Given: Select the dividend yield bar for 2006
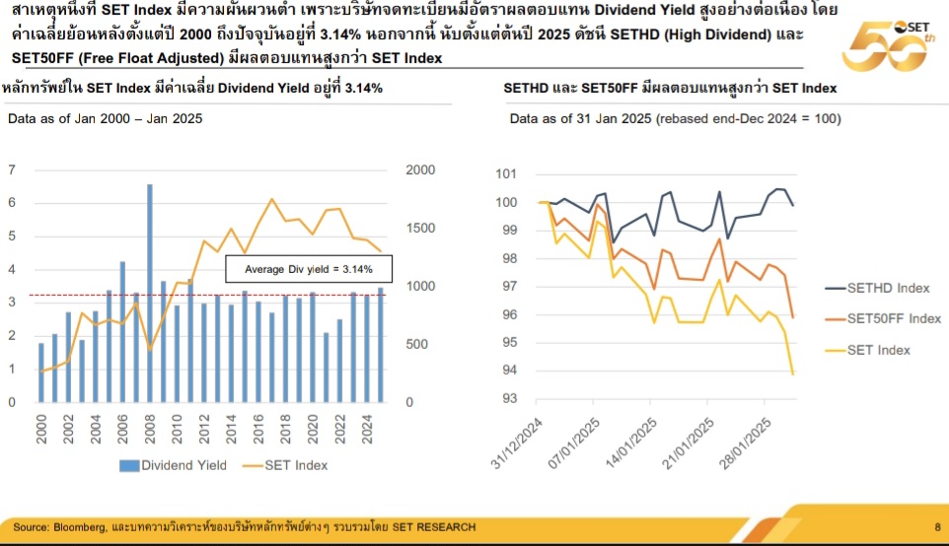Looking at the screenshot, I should click(122, 331).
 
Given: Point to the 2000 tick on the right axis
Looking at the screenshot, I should click(420, 171).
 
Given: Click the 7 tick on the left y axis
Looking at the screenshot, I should click(11, 171).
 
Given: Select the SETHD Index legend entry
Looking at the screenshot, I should click(878, 288).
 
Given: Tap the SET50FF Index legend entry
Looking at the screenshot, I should click(884, 318).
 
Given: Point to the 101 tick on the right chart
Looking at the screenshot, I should click(506, 174).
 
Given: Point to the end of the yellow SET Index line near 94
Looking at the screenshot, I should click(793, 374).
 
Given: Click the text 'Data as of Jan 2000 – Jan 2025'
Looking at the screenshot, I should click(105, 119).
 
